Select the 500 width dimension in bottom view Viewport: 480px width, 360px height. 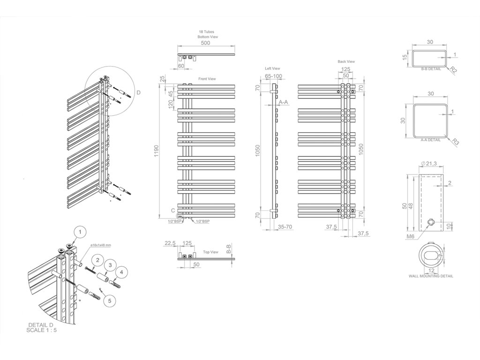tap(205, 43)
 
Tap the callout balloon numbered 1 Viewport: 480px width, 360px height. tap(81, 232)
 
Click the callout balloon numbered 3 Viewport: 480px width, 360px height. tap(110, 265)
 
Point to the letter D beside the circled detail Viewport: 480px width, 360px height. tap(138, 93)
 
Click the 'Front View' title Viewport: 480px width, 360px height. tap(207, 79)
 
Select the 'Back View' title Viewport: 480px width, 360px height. tap(346, 61)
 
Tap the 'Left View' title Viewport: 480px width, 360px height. tap(272, 68)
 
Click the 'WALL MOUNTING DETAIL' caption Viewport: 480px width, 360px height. tap(431, 276)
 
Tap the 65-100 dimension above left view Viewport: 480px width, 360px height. tap(274, 76)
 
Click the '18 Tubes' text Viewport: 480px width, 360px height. tap(207, 31)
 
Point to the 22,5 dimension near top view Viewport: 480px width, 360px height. tap(170, 243)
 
